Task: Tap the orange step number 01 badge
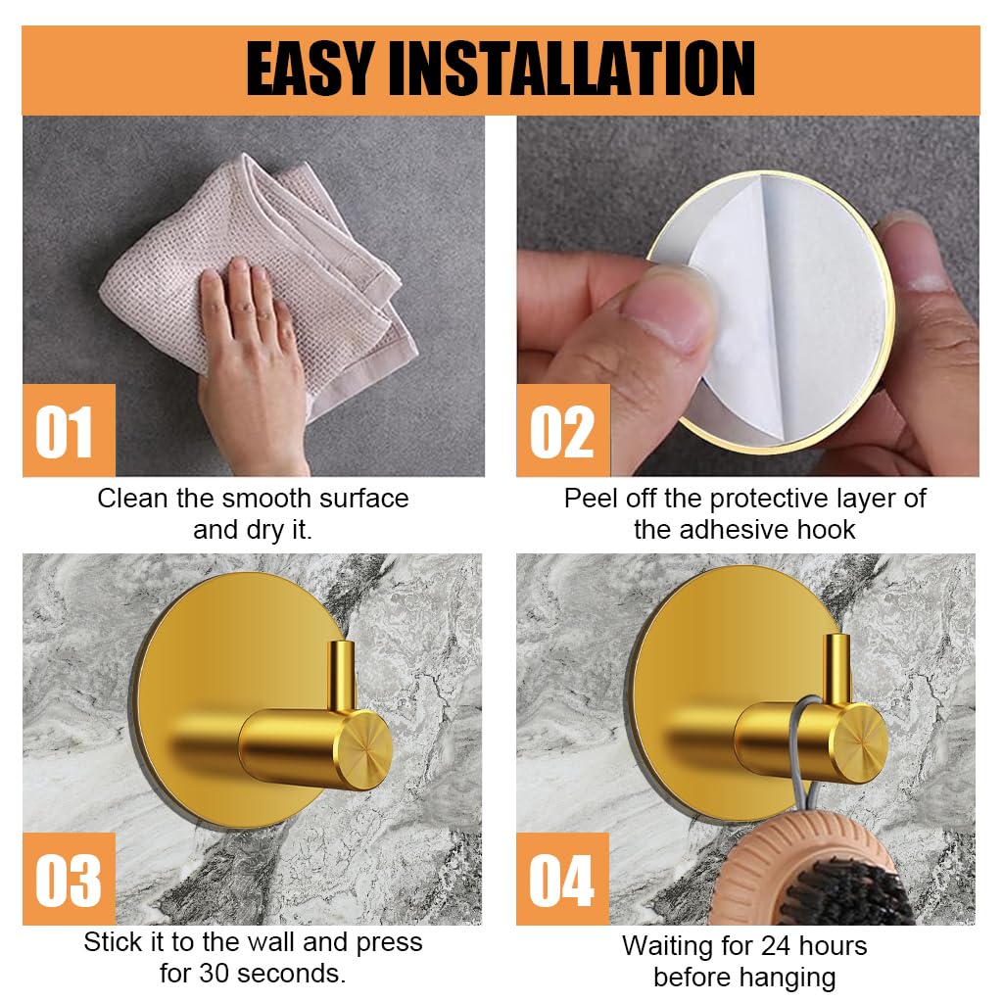(68, 432)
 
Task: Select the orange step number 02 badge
(562, 432)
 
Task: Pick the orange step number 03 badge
(68, 879)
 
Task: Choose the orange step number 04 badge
(562, 879)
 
